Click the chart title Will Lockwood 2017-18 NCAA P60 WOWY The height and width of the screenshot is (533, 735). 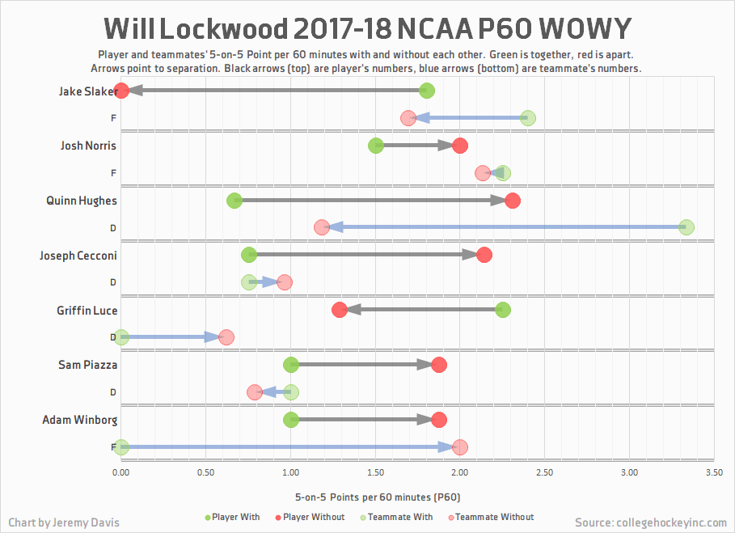(367, 29)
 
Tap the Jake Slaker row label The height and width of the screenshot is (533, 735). (87, 91)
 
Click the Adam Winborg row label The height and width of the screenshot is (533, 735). (79, 420)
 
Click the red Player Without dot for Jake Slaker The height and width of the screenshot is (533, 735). (121, 91)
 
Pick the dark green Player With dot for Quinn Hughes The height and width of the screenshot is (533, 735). (234, 201)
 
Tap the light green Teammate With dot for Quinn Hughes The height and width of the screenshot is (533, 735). (686, 227)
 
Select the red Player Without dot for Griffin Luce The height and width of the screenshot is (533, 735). (340, 310)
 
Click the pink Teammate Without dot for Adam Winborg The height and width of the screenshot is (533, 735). (460, 446)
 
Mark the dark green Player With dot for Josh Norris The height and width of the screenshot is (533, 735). (376, 146)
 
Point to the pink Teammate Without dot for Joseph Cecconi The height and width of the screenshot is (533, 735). (284, 282)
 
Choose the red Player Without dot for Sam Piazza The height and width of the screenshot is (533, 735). (439, 365)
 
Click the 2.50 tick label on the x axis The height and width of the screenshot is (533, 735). (544, 472)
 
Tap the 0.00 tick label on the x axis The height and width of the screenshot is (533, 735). (121, 472)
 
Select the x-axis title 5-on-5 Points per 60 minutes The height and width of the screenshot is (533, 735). (378, 496)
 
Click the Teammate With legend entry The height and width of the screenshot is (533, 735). (399, 517)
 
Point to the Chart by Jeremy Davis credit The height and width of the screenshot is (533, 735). (64, 522)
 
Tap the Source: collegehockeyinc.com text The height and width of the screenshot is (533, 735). (651, 522)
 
